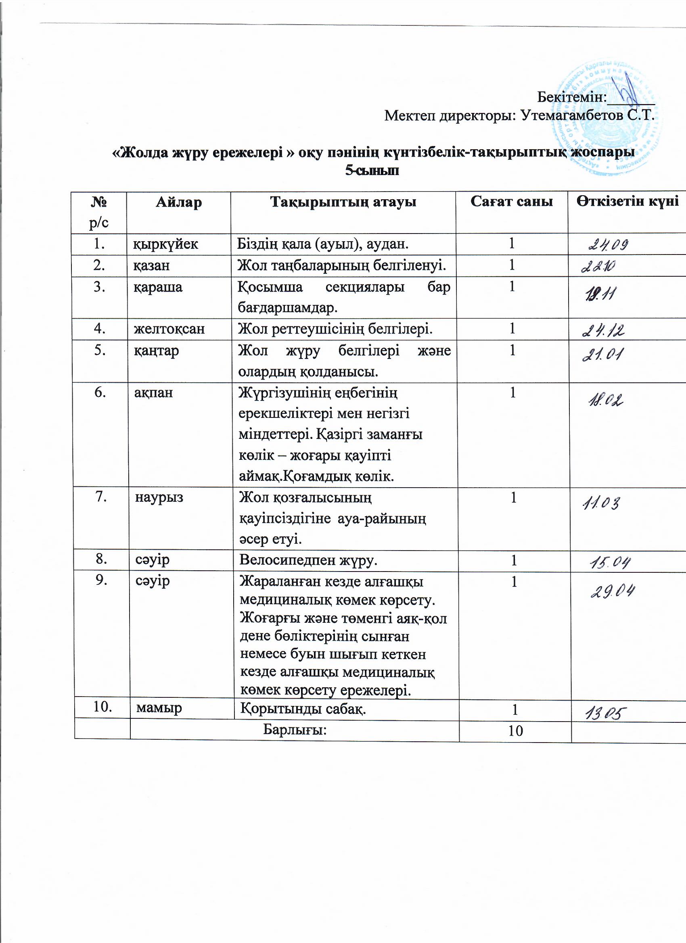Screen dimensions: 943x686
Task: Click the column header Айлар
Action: (178, 202)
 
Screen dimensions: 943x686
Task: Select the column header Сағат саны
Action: (511, 202)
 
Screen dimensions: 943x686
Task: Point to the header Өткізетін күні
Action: (627, 201)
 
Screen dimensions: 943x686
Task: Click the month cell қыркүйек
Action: (165, 244)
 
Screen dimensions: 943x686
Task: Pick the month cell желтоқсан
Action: (169, 329)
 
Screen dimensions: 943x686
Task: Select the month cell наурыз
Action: (159, 497)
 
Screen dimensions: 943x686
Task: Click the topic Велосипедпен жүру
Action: (308, 560)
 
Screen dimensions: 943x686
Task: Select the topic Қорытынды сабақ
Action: (303, 708)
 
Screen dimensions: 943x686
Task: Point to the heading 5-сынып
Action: (372, 171)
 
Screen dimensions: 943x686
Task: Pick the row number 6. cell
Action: (99, 392)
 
